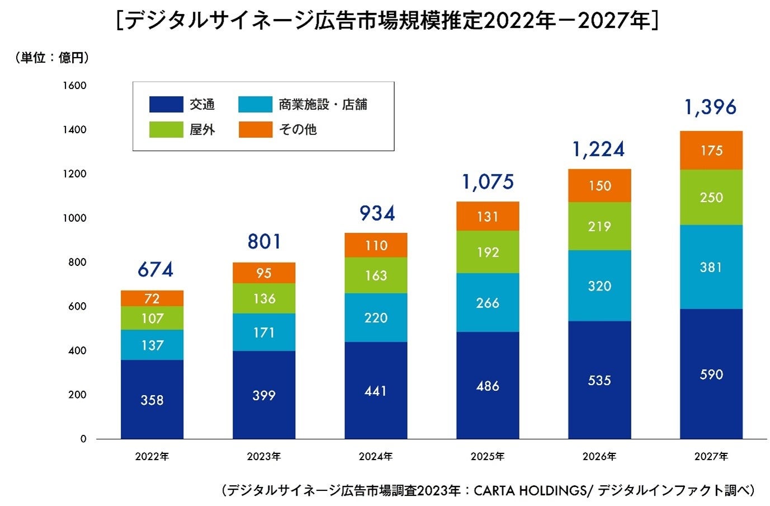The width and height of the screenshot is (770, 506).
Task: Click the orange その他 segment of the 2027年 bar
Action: [711, 151]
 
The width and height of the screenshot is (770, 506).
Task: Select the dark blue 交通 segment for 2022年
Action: [152, 399]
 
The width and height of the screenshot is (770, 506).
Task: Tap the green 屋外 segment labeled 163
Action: [376, 275]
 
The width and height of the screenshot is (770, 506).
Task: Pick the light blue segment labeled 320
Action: [599, 285]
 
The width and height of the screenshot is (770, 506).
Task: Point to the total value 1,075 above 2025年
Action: [488, 182]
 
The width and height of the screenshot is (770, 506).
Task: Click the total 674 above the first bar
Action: [155, 270]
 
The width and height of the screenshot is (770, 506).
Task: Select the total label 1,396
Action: [710, 107]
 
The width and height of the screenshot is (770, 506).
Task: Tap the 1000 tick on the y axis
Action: [74, 218]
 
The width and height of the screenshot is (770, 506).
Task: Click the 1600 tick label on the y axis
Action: [74, 86]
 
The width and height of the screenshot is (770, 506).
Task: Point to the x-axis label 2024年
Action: [375, 457]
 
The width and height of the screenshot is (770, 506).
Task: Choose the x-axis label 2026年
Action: [599, 457]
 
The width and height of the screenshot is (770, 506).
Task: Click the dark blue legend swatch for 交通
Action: [166, 105]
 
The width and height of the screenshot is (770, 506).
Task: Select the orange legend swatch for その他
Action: [256, 130]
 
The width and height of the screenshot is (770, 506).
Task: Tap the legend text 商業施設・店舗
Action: [323, 105]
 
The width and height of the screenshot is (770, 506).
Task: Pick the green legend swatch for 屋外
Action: [166, 130]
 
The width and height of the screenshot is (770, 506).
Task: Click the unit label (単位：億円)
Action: [51, 58]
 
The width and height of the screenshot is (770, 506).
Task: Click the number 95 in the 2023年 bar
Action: [263, 273]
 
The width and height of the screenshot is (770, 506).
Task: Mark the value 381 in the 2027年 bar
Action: [711, 267]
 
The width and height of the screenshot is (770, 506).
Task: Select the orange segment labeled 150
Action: [599, 185]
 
